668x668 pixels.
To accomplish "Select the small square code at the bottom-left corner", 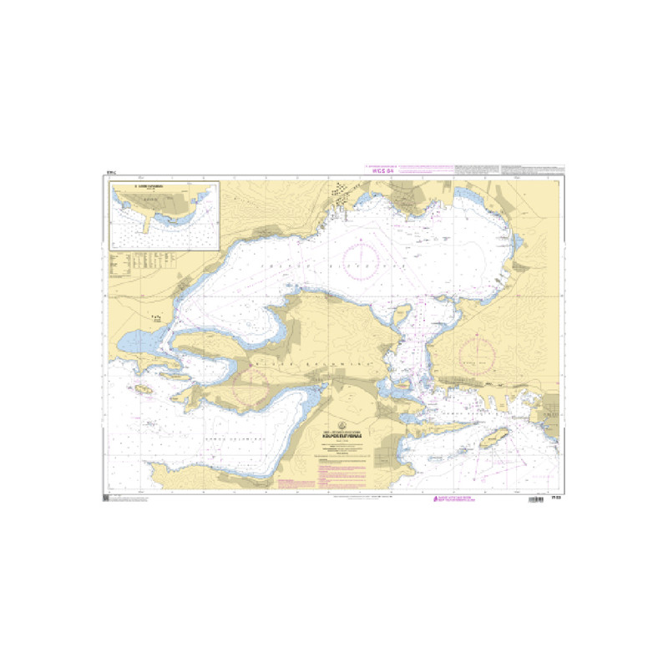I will click(105, 498).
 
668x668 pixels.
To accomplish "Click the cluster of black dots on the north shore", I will click(342, 191).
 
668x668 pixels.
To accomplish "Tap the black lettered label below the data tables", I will click(154, 318).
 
